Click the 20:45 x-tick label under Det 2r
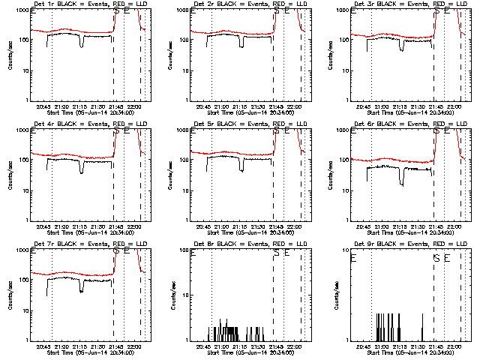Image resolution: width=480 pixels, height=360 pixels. click(203, 106)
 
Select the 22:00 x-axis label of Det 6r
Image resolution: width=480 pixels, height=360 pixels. click(454, 226)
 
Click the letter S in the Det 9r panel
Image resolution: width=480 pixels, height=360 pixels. click(436, 259)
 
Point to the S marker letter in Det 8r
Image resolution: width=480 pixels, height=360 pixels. click(277, 253)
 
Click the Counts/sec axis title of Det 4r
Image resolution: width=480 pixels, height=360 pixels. click(10, 175)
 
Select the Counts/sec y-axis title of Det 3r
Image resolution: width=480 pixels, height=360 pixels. click(330, 55)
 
